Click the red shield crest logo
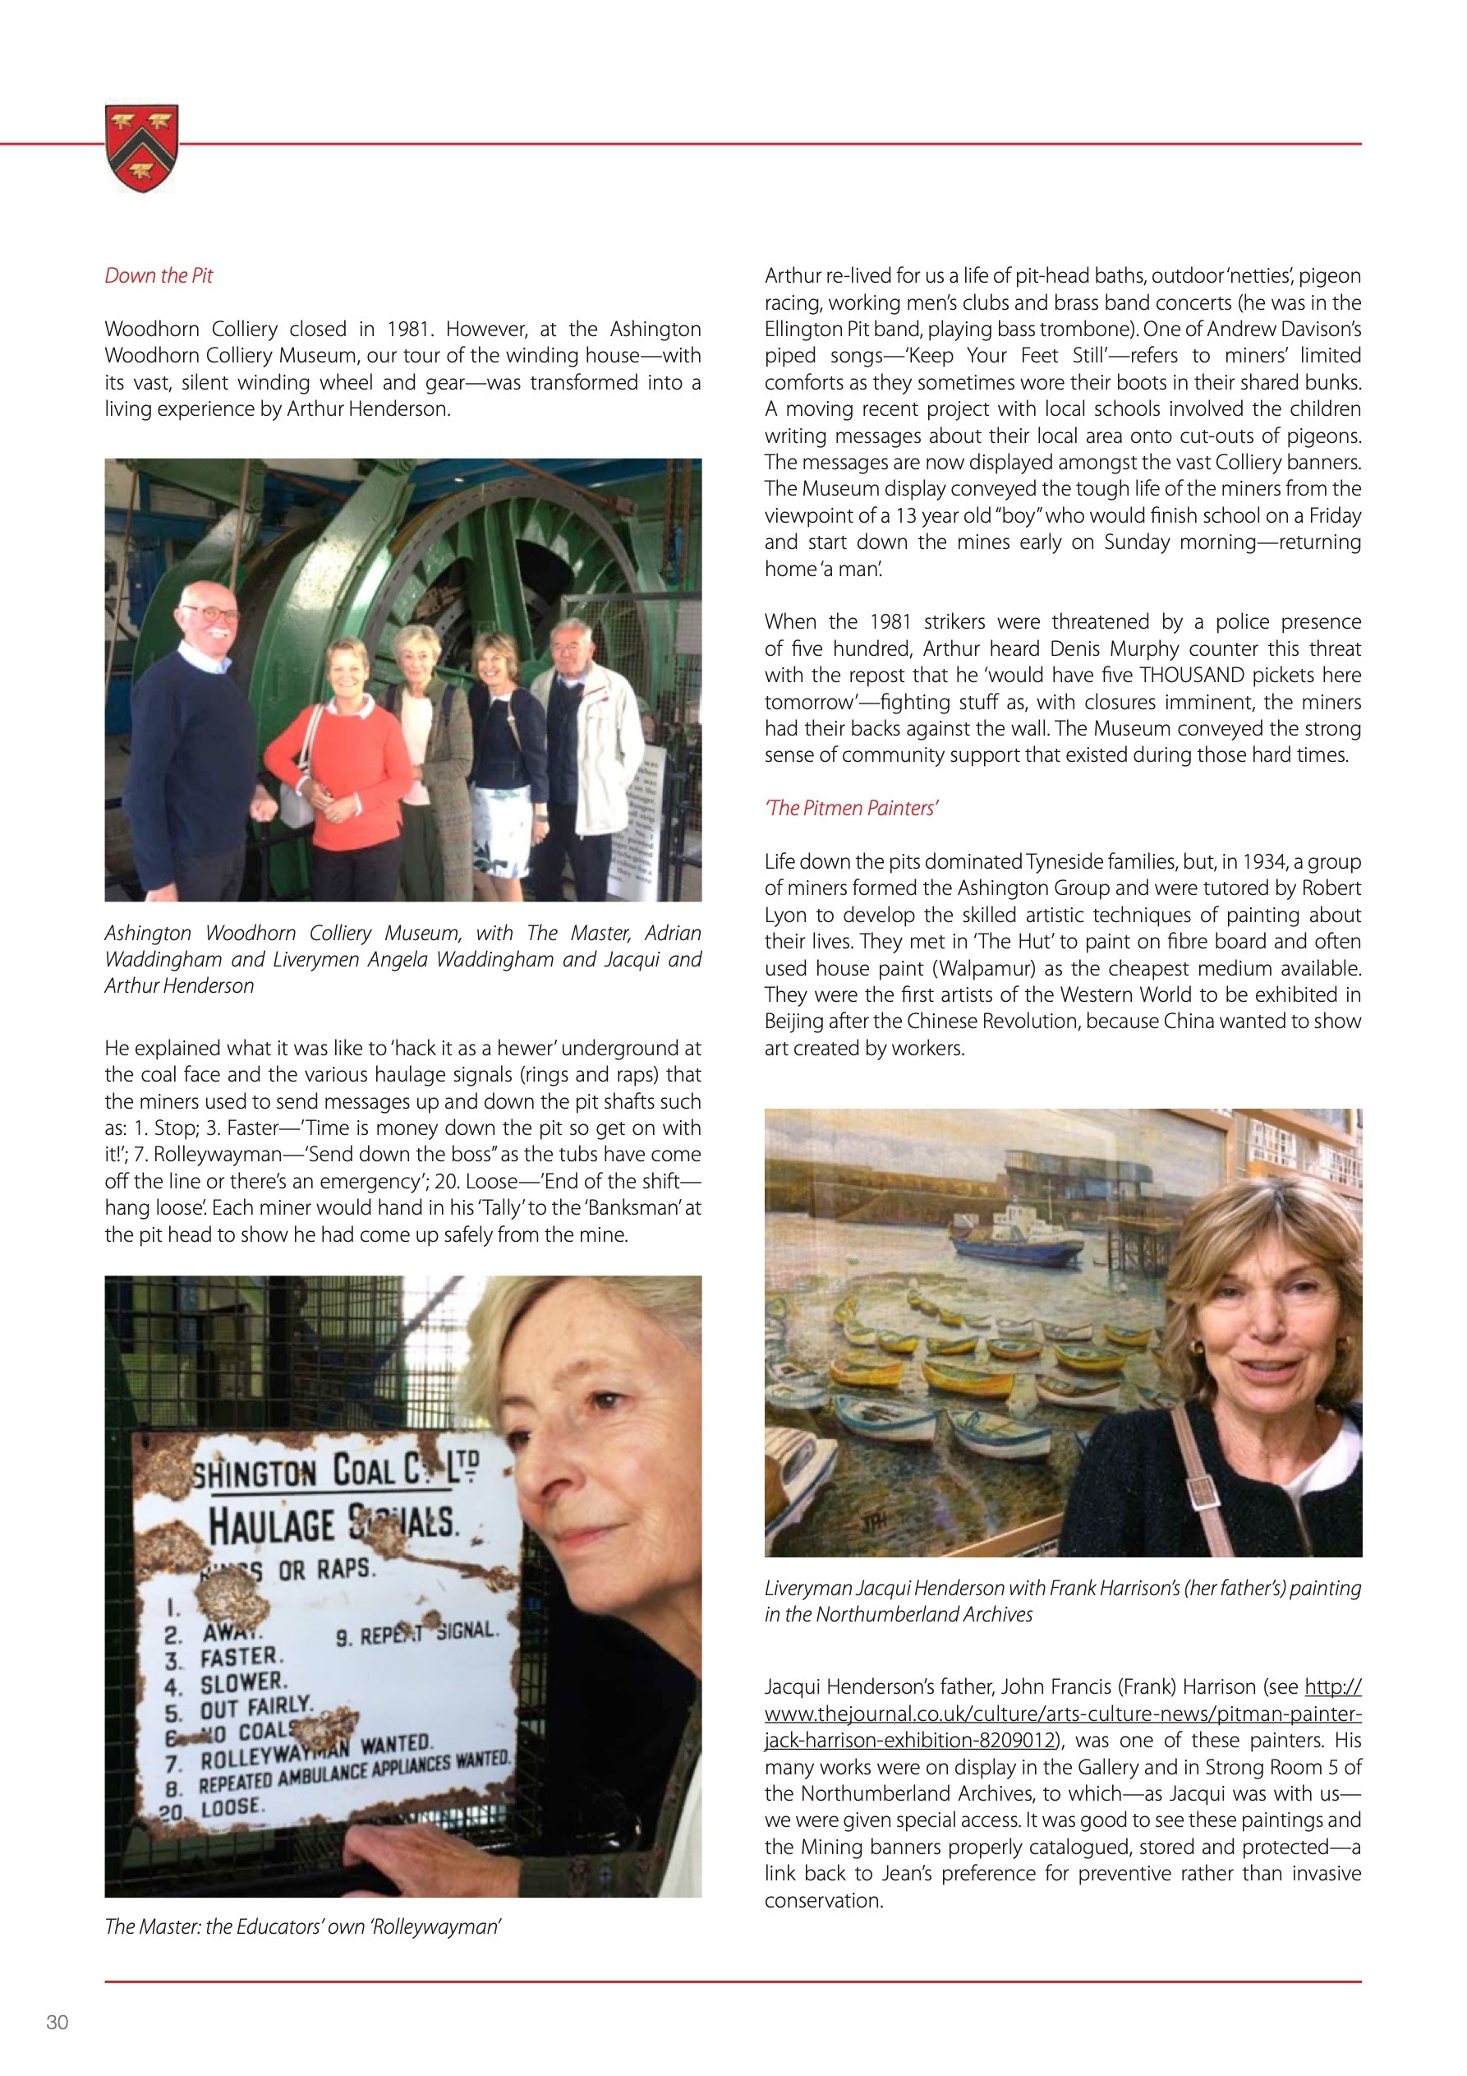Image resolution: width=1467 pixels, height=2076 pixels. pyautogui.click(x=142, y=146)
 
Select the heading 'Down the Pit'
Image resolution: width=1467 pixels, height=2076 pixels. pyautogui.click(x=159, y=276)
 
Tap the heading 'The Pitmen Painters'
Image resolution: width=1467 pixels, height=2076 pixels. pyautogui.click(x=852, y=809)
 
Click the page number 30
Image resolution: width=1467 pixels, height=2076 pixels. pyautogui.click(x=57, y=2023)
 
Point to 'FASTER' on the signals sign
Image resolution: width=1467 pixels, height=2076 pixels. pyautogui.click(x=241, y=1658)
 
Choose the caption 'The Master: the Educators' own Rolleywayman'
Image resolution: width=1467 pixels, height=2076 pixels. pyautogui.click(x=303, y=1926)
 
